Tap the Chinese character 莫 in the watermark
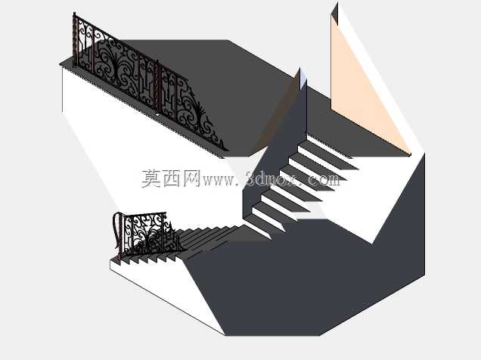[x=151, y=178]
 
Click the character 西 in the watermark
[x=172, y=178]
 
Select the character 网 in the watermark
[x=192, y=178]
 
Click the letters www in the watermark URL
[x=218, y=180]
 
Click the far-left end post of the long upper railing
[x=75, y=39]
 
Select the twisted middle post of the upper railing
[x=157, y=85]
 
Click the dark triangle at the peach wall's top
[x=335, y=13]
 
